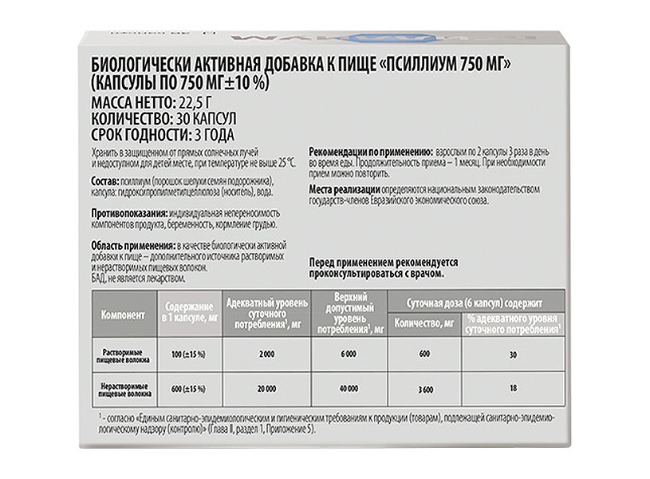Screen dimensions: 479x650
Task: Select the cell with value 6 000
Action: click(347, 354)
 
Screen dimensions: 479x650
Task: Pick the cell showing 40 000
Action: click(347, 389)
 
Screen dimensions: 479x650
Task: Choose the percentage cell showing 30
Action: click(514, 354)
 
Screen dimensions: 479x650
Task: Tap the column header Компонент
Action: click(123, 314)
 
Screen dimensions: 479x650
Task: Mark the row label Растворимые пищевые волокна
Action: click(123, 354)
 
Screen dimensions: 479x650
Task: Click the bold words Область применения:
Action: click(132, 246)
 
